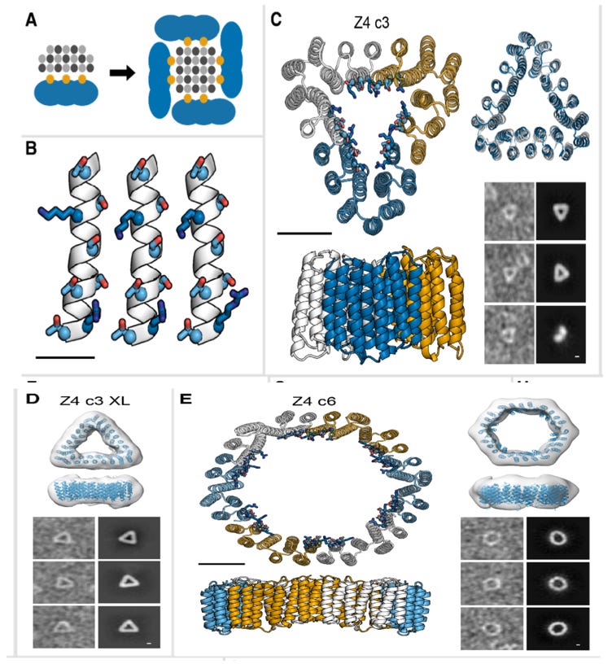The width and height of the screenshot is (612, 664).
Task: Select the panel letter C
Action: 277,19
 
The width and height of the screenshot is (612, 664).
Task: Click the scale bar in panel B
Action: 68,356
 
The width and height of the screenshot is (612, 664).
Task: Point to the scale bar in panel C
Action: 304,233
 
